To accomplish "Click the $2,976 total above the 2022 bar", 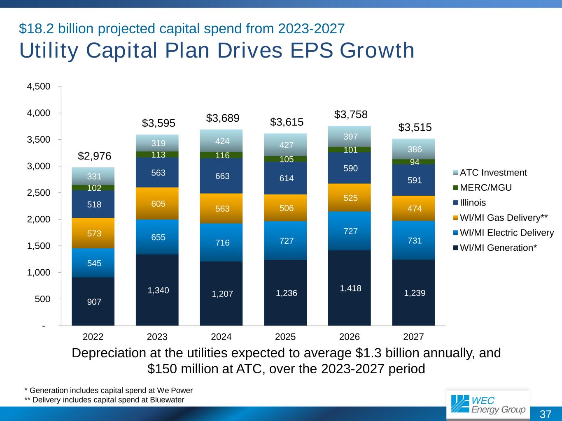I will click(x=94, y=156).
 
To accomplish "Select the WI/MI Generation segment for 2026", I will click(x=349, y=288).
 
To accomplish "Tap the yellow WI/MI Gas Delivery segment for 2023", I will click(x=157, y=204).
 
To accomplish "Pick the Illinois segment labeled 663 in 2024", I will click(x=221, y=176).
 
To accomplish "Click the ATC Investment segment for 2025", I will click(x=285, y=145).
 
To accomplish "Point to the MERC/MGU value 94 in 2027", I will click(x=415, y=162).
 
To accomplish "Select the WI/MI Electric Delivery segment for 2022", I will click(x=93, y=263).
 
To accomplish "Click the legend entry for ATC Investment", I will click(x=493, y=173).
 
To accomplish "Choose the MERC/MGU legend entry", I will click(x=485, y=188).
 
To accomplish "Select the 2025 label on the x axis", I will click(x=285, y=337).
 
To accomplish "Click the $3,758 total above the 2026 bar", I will click(x=350, y=114).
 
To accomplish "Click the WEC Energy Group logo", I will click(x=488, y=405).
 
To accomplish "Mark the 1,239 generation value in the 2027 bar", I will click(x=415, y=293).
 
